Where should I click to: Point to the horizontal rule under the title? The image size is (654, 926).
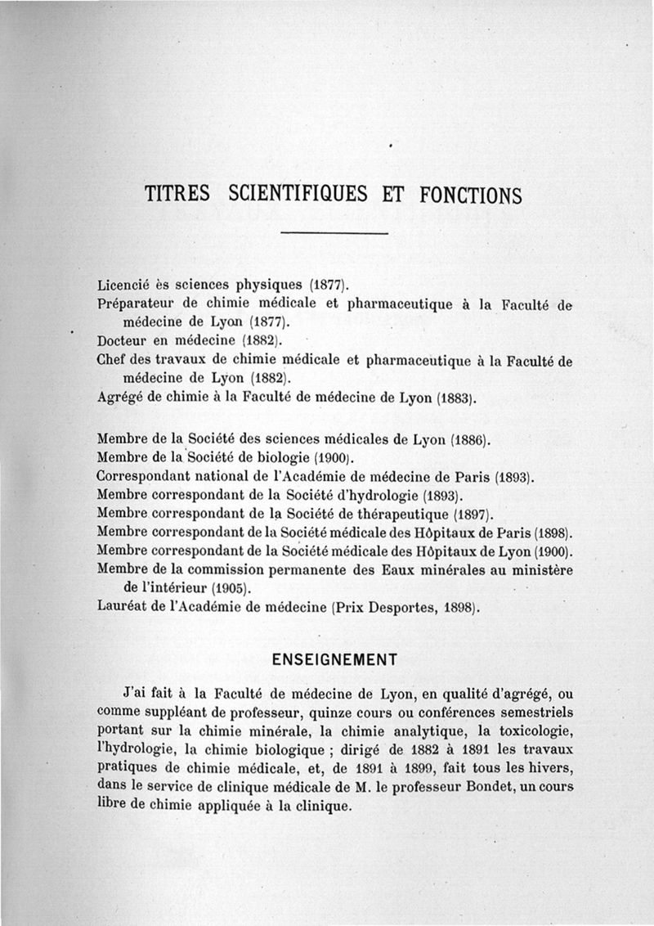click(333, 236)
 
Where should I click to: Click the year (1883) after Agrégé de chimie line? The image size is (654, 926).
click(454, 400)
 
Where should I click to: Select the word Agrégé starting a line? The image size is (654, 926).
click(119, 400)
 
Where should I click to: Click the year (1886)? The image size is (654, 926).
click(470, 439)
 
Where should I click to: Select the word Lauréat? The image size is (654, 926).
click(120, 608)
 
